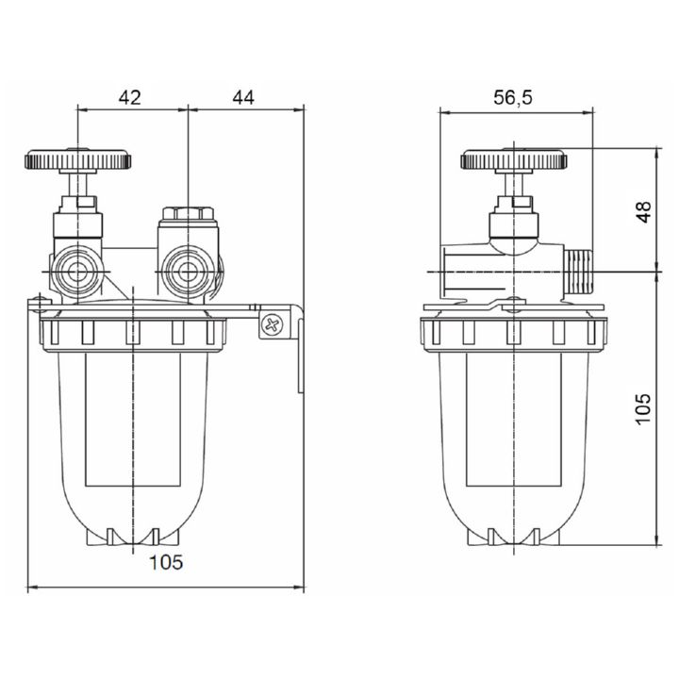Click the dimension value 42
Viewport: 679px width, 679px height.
pyautogui.click(x=130, y=95)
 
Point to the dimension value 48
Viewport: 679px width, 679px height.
pyautogui.click(x=643, y=211)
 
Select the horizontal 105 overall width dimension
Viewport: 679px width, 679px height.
pyautogui.click(x=165, y=563)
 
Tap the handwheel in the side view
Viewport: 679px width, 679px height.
pyautogui.click(x=514, y=159)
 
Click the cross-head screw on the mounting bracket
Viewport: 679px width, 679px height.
pyautogui.click(x=273, y=325)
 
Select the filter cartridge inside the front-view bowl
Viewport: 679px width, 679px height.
pyautogui.click(x=137, y=424)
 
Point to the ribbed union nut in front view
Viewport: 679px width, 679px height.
pyautogui.click(x=132, y=332)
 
